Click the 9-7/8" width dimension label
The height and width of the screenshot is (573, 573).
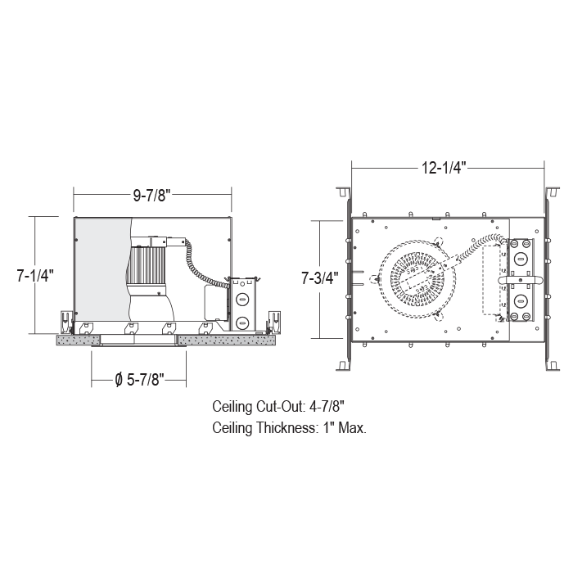coord(152,196)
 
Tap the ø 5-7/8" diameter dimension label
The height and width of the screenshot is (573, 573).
coord(139,380)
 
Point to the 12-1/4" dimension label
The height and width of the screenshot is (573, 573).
coord(444,168)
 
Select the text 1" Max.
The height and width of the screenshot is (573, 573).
coord(345,427)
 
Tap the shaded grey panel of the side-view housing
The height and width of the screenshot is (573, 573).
coord(102,270)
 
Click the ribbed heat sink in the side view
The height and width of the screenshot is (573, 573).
coord(147,265)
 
